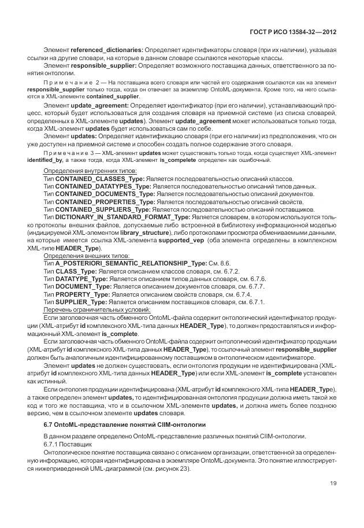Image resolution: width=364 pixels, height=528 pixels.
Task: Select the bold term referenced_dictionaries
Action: coord(107,51)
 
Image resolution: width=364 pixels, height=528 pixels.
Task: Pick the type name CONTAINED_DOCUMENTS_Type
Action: coord(105,195)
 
